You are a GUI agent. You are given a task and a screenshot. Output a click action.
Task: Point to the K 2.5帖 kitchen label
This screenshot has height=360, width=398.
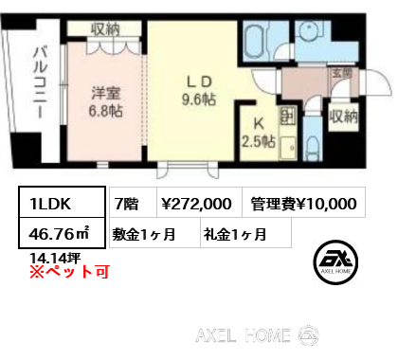coord(259,133)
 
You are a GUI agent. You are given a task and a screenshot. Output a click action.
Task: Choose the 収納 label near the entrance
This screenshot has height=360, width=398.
coord(343,117)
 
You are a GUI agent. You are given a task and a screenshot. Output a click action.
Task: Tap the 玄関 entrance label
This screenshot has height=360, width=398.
coord(341,72)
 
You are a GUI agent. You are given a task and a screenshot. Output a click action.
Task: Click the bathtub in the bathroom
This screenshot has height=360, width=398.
coord(257,42)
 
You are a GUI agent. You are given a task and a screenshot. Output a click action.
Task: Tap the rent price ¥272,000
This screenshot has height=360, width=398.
coord(197,203)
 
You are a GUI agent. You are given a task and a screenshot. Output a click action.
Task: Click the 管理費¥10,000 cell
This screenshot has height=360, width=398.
coord(303,203)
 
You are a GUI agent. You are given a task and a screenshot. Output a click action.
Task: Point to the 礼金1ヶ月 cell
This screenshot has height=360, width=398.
coord(234,233)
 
